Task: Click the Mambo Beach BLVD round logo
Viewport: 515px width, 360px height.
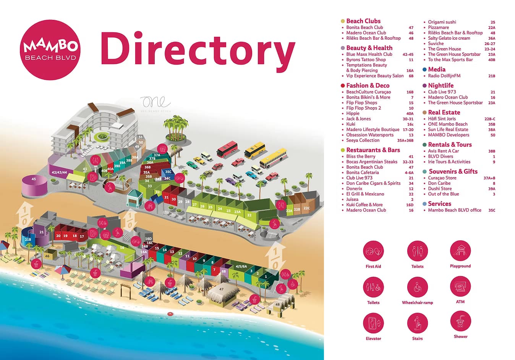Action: click(x=50, y=50)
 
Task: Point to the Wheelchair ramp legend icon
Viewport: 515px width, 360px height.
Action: click(x=417, y=287)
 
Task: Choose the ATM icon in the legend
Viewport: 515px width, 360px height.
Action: click(x=460, y=286)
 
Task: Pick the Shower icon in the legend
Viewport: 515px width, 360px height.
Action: click(x=460, y=321)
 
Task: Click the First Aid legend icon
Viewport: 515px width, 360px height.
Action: click(x=373, y=251)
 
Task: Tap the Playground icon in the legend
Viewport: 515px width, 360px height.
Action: click(x=460, y=251)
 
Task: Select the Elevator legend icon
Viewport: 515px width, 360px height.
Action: click(x=373, y=323)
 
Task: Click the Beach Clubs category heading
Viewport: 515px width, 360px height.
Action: click(x=363, y=21)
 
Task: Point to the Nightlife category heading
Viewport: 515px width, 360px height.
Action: click(x=441, y=86)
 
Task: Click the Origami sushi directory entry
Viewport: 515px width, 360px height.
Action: click(x=442, y=22)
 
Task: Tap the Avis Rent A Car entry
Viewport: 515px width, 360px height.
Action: click(x=443, y=151)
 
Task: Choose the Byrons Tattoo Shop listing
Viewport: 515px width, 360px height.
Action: click(x=366, y=60)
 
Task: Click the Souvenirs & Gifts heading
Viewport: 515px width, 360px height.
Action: click(x=453, y=171)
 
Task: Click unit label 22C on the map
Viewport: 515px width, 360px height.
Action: click(x=306, y=208)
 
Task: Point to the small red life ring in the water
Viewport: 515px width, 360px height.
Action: click(x=170, y=314)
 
